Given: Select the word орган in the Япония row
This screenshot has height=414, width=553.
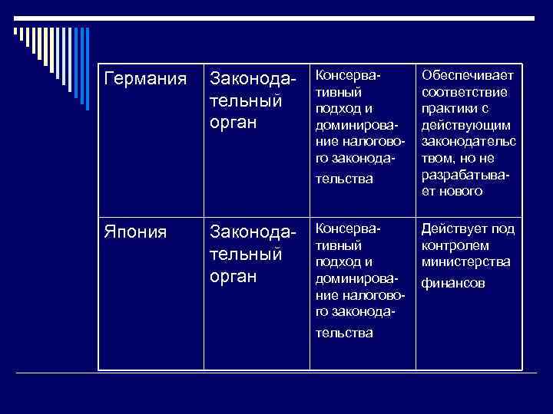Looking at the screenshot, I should coord(233,276).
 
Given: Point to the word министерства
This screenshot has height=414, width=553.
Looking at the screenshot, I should coord(466,262).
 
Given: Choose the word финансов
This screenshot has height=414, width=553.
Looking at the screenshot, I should coord(454,283).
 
